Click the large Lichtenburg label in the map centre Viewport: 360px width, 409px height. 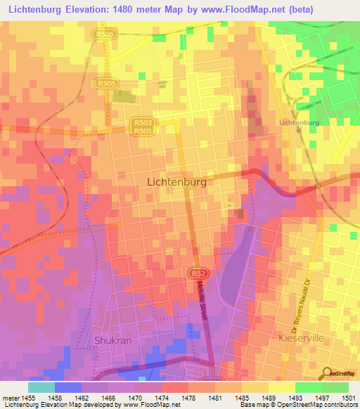[x=176, y=181]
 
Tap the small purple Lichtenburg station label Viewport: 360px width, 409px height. [x=299, y=122]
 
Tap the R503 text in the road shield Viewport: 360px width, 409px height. [x=143, y=122]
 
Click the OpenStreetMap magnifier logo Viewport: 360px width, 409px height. [x=326, y=373]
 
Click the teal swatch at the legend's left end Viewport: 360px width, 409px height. [x=41, y=387]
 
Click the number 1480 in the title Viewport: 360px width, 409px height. [x=131, y=9]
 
